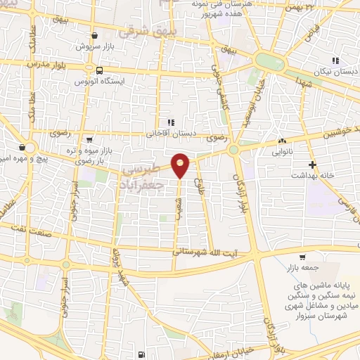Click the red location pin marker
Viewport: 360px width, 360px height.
point(181,165)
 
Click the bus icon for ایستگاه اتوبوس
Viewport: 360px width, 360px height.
point(100,70)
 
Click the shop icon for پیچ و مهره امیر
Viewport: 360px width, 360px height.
point(23,148)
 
